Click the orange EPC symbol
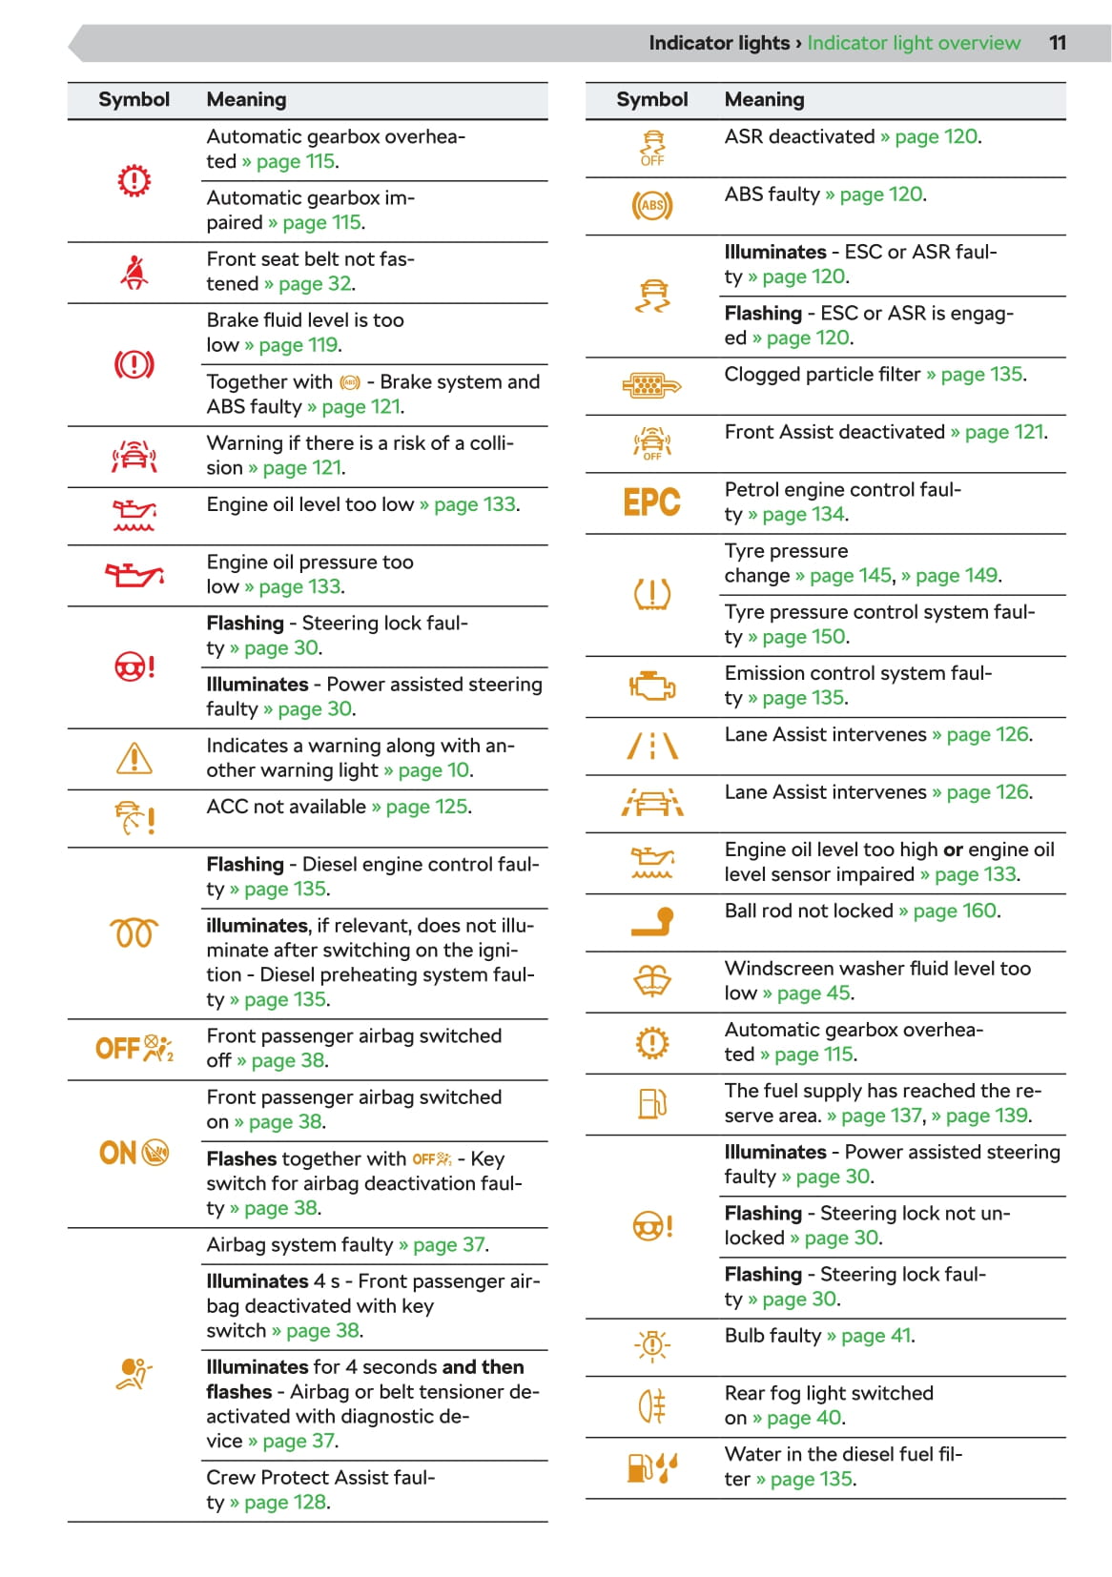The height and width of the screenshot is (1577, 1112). (x=651, y=502)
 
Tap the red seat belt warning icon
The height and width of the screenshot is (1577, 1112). (x=134, y=273)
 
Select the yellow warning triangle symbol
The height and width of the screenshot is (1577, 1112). (x=134, y=759)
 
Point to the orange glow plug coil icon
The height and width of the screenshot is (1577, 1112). (x=134, y=932)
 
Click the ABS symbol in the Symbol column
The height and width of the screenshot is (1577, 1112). (x=652, y=205)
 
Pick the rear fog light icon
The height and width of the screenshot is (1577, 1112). (x=652, y=1405)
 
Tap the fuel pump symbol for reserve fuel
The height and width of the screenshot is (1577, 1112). (x=652, y=1103)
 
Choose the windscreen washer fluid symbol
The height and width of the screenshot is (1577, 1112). (x=652, y=981)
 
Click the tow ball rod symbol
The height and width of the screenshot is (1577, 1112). (x=652, y=921)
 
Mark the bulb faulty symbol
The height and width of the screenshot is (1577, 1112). (x=652, y=1345)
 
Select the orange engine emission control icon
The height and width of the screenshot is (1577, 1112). (x=652, y=686)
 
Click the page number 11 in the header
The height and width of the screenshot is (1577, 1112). (x=1058, y=43)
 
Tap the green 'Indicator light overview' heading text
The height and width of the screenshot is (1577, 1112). (x=914, y=43)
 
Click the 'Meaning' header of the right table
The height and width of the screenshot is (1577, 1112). (x=764, y=99)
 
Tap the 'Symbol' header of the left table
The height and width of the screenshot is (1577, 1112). (x=134, y=99)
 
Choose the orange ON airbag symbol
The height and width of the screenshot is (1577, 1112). (x=134, y=1153)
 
